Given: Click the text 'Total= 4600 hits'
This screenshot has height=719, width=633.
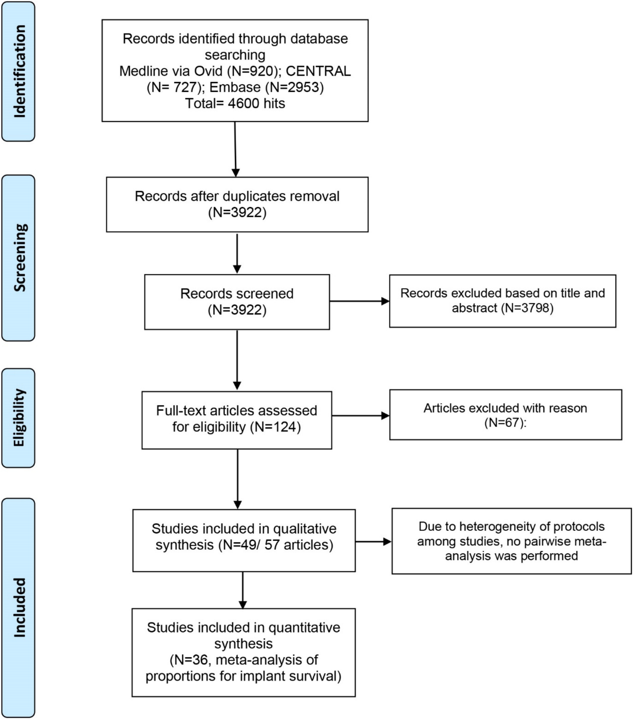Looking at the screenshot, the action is (235, 104).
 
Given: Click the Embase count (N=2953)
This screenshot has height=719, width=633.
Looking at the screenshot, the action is (294, 87).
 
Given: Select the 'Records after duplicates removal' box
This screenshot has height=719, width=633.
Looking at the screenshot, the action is (237, 204).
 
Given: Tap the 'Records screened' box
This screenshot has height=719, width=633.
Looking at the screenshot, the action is (237, 302).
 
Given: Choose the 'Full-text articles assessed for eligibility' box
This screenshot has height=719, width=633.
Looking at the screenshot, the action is (237, 420).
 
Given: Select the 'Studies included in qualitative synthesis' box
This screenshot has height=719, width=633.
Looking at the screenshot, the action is (244, 540).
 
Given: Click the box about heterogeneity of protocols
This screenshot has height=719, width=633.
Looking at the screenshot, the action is (512, 541).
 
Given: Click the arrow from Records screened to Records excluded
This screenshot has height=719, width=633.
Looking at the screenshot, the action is (359, 301).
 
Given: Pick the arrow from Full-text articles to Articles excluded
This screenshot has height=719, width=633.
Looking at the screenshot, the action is (361, 416).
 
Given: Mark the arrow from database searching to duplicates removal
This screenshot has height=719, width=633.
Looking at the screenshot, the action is (235, 149).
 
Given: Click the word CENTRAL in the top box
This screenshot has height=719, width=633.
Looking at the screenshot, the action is (318, 71).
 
